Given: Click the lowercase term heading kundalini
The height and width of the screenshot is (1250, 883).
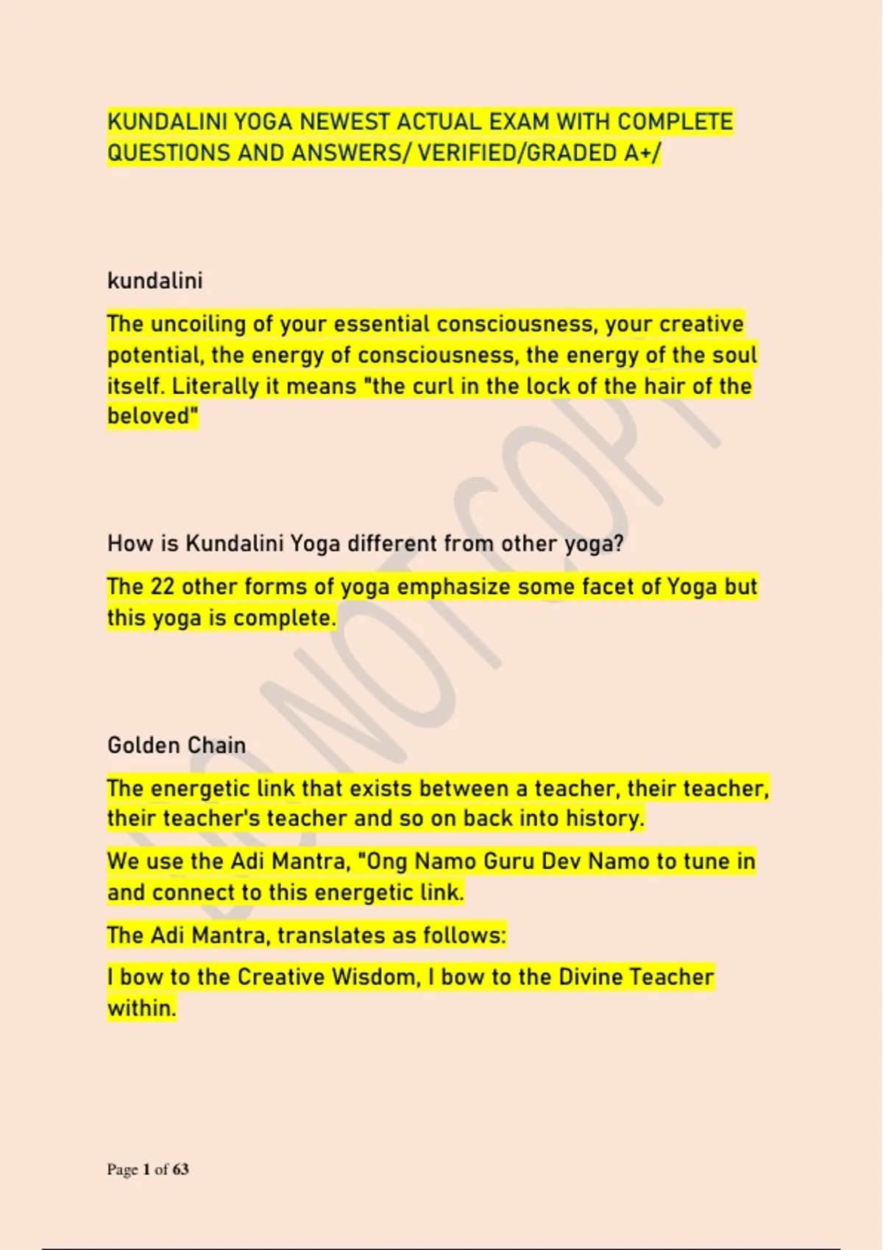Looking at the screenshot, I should coord(155,281).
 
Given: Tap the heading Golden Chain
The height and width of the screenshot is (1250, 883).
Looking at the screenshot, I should coord(177,746).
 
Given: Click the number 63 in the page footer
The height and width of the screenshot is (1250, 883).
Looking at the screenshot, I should coord(180,1169).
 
